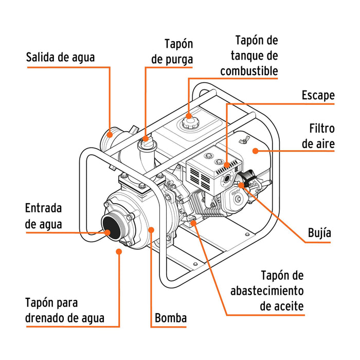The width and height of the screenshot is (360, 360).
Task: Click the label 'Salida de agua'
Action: (x=60, y=57)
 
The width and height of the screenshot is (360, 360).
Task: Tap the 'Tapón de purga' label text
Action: (x=172, y=52)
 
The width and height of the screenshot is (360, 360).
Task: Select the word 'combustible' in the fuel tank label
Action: (x=249, y=71)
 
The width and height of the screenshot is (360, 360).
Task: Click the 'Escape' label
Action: (x=318, y=95)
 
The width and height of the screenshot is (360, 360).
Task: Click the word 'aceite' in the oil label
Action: (x=282, y=307)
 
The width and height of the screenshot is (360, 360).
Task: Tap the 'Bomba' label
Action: (x=171, y=318)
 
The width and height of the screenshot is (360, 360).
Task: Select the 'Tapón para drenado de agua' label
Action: (x=65, y=311)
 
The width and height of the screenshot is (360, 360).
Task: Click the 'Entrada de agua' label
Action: (x=44, y=216)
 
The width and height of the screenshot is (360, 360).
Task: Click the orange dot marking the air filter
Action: (x=254, y=150)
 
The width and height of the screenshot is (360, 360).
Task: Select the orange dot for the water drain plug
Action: (x=119, y=251)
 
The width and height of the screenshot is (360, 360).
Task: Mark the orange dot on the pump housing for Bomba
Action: (x=151, y=229)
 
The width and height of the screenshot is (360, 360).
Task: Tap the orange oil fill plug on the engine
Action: (x=192, y=220)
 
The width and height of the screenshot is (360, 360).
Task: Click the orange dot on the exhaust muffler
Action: (x=227, y=166)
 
